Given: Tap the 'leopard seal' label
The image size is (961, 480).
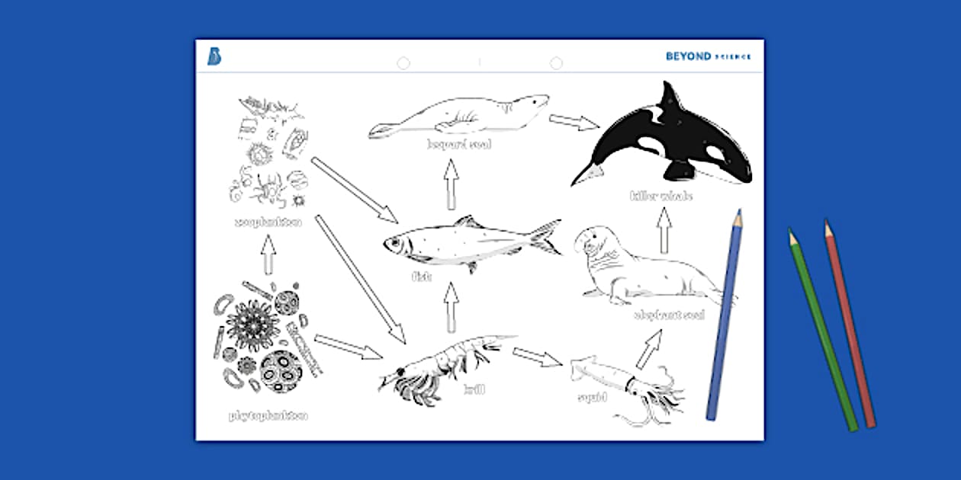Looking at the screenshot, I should tap(459, 145).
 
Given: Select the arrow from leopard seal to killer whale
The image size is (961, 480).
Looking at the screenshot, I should tap(574, 121).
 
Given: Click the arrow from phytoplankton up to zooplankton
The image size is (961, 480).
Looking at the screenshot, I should tap(268, 254).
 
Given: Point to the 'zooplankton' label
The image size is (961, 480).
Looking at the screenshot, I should tap(268, 222).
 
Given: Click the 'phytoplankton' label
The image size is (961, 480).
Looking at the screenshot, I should tap(268, 416).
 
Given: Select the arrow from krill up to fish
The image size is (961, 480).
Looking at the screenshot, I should tap(452, 307).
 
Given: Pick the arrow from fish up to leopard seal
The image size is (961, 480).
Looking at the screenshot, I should tap(452, 184).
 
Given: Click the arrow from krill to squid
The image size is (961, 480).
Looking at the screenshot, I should tap(537, 357).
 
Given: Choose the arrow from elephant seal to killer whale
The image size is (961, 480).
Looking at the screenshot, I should tap(664, 231).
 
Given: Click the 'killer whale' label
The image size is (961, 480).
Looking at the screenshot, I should tap(661, 197).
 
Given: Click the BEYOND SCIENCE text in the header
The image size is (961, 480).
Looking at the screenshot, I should tap(708, 56).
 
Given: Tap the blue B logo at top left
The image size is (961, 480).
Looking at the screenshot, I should tap(214, 56).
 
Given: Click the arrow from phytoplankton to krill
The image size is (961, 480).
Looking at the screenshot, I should tap(348, 347).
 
